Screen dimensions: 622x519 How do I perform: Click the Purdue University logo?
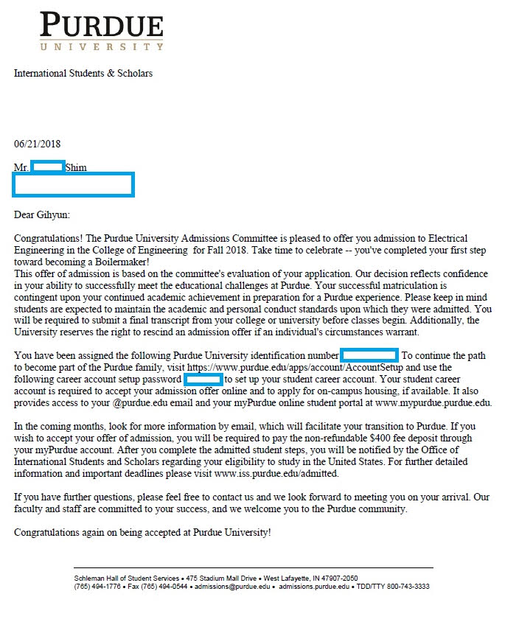point(102,31)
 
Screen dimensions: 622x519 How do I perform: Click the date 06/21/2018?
point(37,144)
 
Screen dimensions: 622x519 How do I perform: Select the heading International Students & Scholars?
point(83,74)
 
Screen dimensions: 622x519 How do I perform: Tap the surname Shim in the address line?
point(76,168)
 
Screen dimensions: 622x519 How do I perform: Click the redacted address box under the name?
point(73,184)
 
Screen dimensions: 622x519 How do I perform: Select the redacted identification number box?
point(369,355)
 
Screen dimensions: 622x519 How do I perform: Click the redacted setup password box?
point(203,379)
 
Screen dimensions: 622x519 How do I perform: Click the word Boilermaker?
point(118,262)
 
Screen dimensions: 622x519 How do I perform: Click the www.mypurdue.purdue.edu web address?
point(433,403)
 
